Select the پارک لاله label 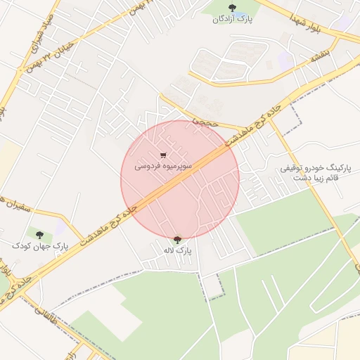[177, 250]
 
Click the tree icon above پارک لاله [177, 239]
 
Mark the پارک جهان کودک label [39, 245]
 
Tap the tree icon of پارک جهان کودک [39, 234]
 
